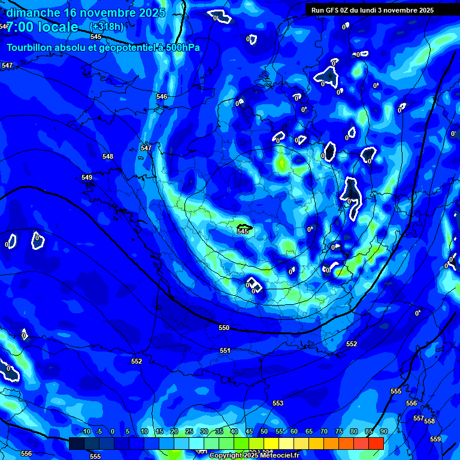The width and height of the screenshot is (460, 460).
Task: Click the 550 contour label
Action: (224, 328)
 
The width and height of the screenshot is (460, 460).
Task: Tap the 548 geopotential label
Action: (108, 156)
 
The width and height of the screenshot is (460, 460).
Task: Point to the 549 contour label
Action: (87, 177)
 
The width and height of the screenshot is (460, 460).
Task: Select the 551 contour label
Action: (225, 350)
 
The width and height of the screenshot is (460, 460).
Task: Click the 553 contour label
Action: (278, 403)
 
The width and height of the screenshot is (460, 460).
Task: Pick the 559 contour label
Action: (435, 439)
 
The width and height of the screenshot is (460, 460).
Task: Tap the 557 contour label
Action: (419, 418)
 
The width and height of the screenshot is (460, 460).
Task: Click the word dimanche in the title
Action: (34, 13)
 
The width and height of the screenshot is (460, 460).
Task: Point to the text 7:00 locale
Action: (42, 27)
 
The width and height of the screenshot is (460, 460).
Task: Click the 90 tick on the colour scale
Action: (383, 431)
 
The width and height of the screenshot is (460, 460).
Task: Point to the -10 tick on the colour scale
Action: (84, 431)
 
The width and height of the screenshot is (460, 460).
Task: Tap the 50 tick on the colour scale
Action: (264, 431)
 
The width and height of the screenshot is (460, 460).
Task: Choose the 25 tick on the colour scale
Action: (189, 431)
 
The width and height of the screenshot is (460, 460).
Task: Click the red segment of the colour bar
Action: (376, 443)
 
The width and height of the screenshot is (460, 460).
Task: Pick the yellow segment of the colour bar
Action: (271, 443)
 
